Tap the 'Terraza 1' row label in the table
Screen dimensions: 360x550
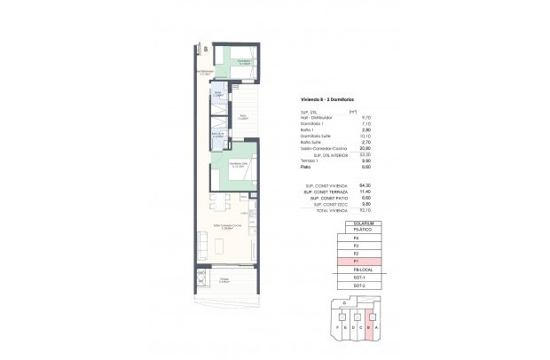(x=310, y=160)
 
